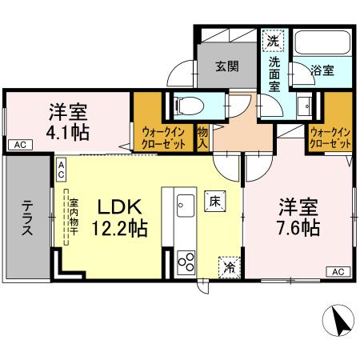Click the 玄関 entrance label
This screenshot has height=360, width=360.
coord(226,67)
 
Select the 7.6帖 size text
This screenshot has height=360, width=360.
coord(299,229)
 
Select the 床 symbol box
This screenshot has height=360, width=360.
coord(215,202)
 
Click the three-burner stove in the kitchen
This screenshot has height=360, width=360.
coord(185,262)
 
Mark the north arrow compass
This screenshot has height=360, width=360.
coord(338,322)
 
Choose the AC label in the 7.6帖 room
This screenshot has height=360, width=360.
coord(337,272)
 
